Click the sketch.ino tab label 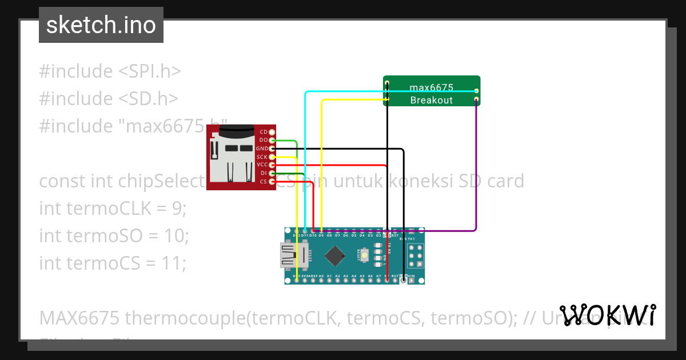click(101, 25)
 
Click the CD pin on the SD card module click(272, 132)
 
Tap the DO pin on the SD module click(272, 140)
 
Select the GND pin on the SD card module click(272, 149)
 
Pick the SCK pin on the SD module click(272, 157)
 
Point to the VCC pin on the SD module click(272, 165)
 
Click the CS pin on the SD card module click(272, 181)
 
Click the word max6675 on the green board click(431, 87)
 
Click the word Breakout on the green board click(431, 100)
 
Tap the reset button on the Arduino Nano click(364, 255)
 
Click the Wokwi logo click(608, 315)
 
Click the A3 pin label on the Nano click(346, 276)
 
